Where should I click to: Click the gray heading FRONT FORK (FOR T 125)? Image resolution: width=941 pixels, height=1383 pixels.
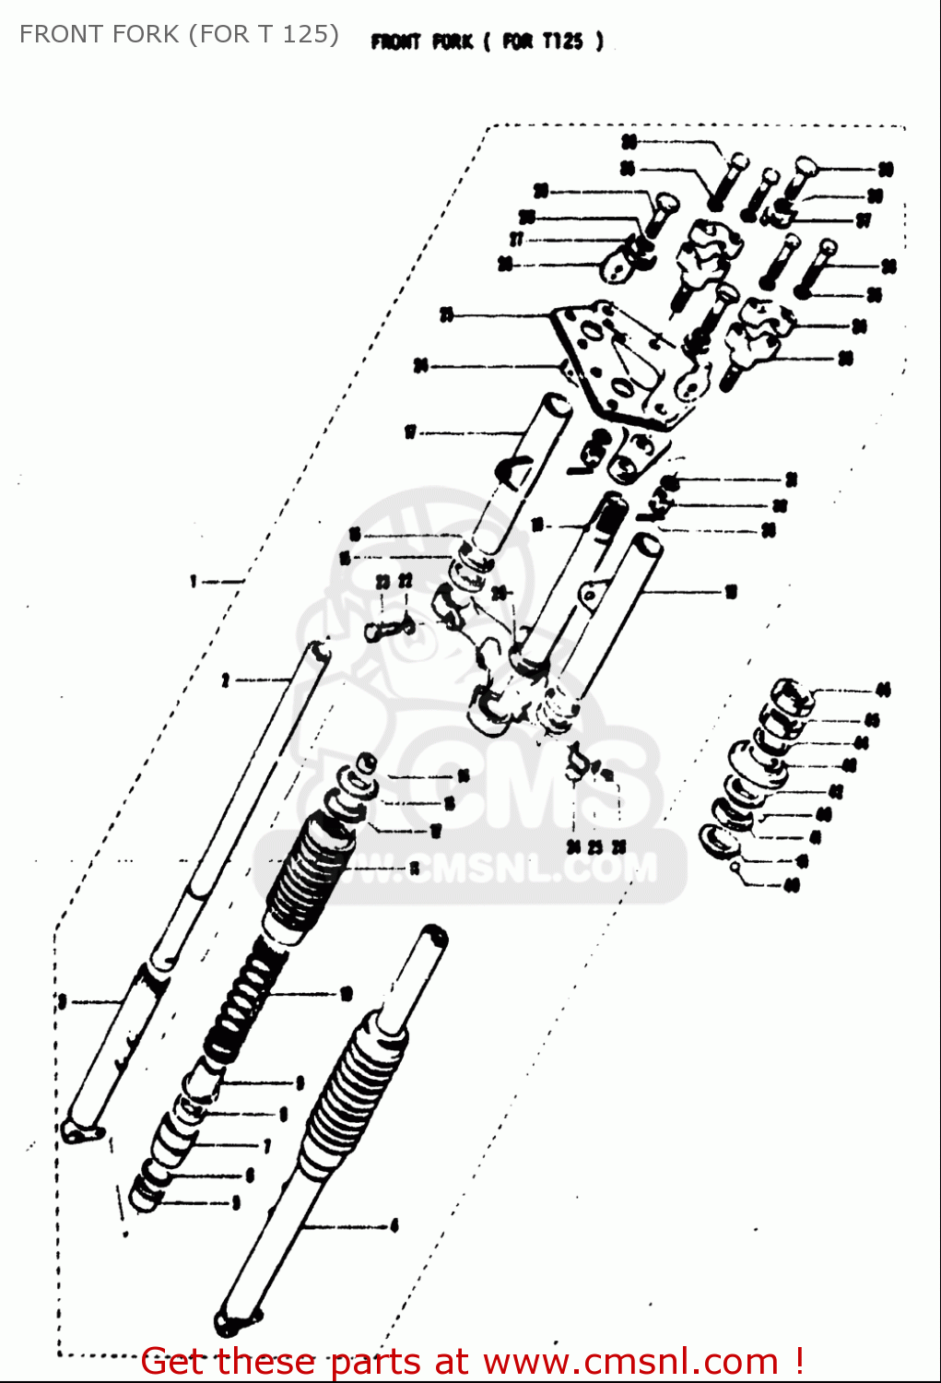tap(179, 34)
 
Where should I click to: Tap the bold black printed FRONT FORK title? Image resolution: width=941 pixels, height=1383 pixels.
tap(487, 41)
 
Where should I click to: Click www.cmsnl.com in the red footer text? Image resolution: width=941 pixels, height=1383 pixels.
tap(630, 1362)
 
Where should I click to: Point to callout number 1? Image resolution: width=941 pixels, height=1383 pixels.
tap(194, 581)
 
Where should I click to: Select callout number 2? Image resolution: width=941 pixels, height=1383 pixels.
tap(225, 680)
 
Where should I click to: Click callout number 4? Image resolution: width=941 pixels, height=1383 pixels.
tap(394, 1225)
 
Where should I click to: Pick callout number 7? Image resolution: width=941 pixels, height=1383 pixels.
tap(267, 1146)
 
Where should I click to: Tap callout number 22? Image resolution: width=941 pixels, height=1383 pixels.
tap(405, 582)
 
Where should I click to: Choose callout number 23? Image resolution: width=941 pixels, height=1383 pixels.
tap(382, 582)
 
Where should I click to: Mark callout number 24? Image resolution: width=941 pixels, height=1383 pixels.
tap(573, 846)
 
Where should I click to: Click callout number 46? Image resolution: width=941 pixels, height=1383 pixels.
tap(883, 690)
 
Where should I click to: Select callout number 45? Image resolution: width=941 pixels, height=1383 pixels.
tap(873, 720)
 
